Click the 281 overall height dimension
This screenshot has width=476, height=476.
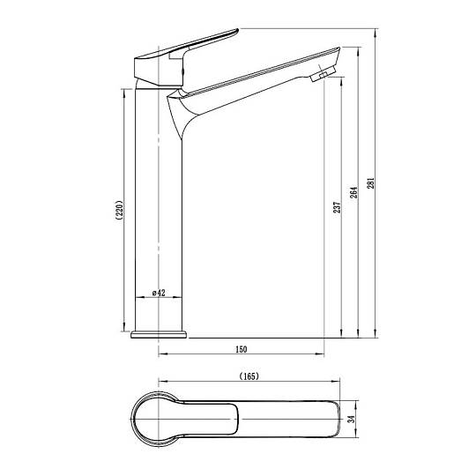[x=371, y=183]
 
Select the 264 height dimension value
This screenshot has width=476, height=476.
[x=354, y=192]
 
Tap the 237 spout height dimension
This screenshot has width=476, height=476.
[x=338, y=207]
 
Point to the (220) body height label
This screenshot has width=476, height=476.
[x=120, y=210]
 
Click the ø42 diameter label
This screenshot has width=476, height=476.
[x=159, y=293]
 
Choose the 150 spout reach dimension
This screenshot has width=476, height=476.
[x=242, y=349]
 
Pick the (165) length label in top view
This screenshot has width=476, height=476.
[x=249, y=376]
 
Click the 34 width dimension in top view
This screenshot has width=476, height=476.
[x=351, y=420]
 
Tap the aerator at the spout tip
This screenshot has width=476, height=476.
[x=323, y=73]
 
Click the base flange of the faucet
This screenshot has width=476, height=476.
[x=159, y=335]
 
